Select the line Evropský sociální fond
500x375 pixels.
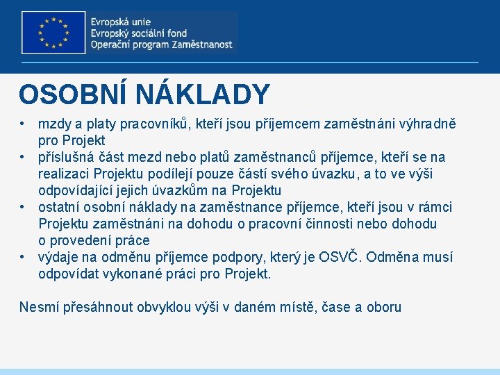(x=138, y=33)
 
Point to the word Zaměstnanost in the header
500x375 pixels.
(x=201, y=44)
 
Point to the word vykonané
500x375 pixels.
(x=133, y=274)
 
